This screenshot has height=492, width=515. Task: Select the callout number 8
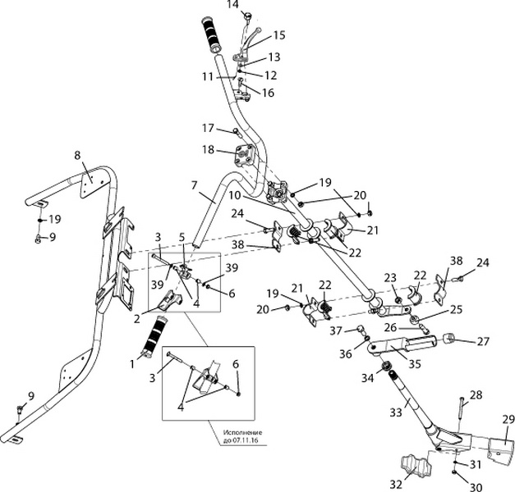[78, 155]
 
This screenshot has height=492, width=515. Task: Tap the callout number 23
[390, 276]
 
